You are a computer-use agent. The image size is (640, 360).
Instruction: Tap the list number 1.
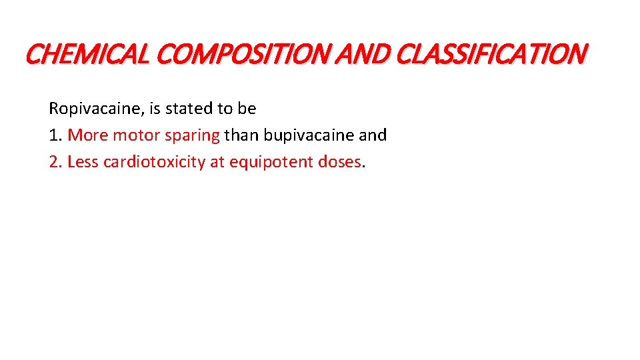(x=53, y=135)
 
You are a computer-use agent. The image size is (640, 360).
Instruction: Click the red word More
(x=88, y=135)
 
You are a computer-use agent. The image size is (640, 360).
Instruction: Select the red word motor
(x=133, y=135)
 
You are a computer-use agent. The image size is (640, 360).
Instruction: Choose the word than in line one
(x=242, y=135)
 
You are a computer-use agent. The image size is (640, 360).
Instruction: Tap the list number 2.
(x=53, y=162)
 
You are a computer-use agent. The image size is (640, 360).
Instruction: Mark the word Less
(x=83, y=162)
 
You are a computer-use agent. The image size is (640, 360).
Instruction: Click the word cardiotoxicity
(x=154, y=162)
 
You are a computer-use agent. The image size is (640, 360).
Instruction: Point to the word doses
(x=339, y=162)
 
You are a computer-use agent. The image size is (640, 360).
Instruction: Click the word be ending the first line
(x=247, y=108)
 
